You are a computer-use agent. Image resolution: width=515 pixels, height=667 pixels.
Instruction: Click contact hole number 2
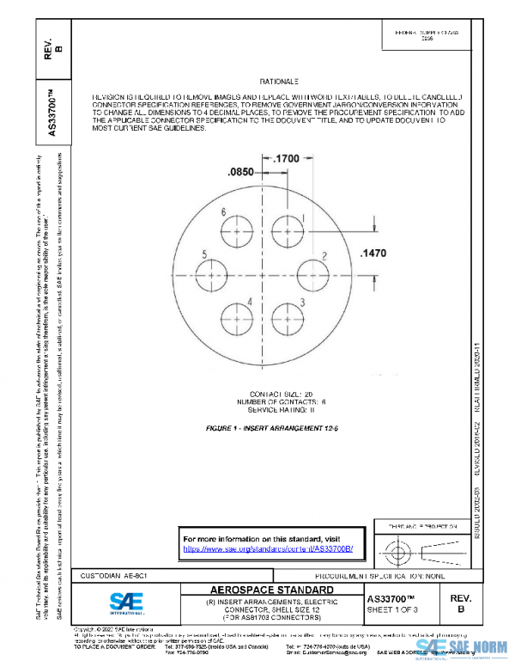tap(312, 274)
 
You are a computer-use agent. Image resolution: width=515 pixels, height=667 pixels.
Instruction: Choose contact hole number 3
tap(288, 315)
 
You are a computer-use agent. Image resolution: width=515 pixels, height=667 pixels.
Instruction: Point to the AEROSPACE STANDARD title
tap(272, 591)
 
